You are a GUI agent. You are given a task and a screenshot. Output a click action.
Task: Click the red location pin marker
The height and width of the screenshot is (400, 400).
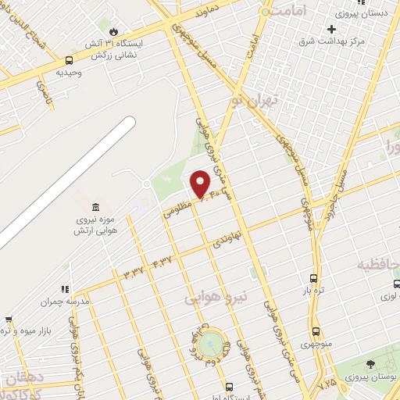tap(201, 184)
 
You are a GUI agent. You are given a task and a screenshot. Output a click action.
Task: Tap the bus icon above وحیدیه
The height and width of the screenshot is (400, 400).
tap(70, 60)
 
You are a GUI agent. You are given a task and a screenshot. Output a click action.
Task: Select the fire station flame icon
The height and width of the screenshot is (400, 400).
tap(114, 31)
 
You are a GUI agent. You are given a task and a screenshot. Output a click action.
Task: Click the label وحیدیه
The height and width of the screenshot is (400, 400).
tap(69, 73)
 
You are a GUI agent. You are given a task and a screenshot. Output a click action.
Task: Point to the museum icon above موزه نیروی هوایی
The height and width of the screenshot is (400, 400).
tap(95, 207)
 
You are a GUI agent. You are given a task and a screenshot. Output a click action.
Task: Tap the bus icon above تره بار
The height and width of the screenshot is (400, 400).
tap(314, 278)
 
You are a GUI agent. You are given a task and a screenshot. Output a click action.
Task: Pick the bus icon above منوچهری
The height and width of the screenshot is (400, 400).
tap(316, 331)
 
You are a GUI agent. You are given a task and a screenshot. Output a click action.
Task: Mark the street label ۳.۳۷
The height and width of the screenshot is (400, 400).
tap(134, 271)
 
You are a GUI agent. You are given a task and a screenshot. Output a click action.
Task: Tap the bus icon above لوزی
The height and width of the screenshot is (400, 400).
tap(397, 284)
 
